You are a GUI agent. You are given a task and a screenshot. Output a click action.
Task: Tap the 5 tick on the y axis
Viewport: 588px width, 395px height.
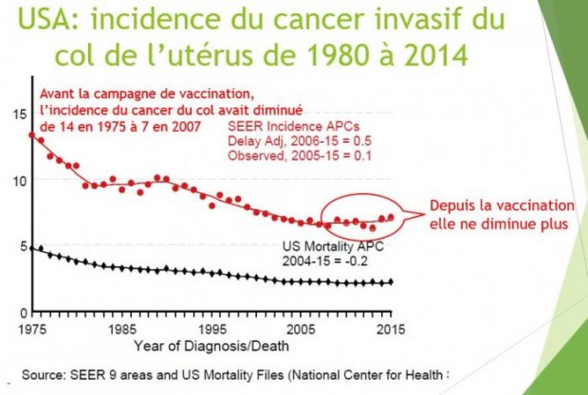tap(22, 246)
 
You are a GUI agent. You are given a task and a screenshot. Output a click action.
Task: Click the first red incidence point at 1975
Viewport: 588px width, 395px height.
tap(33, 135)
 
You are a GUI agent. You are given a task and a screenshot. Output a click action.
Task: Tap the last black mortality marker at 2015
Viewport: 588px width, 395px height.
tap(391, 282)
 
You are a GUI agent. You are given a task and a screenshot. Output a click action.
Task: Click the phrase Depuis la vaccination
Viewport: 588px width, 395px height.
tap(502, 206)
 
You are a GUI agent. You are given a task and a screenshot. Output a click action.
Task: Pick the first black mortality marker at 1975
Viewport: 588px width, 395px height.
tap(33, 248)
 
